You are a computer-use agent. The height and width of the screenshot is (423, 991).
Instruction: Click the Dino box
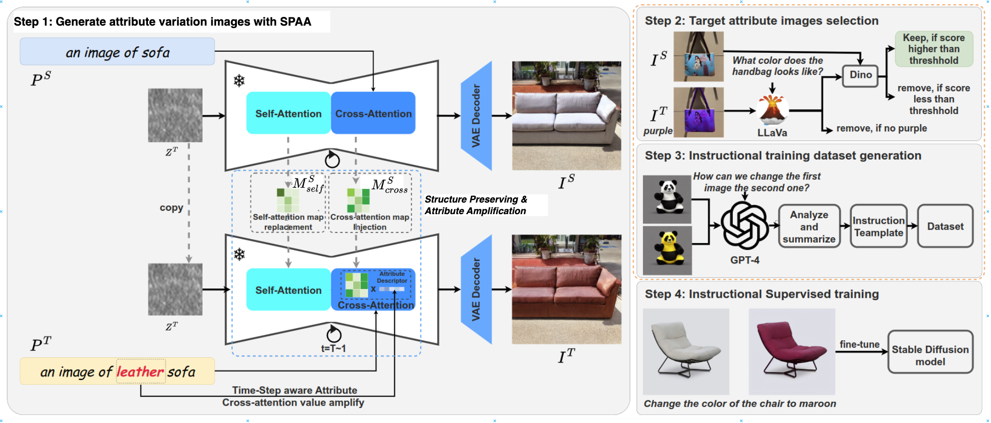(860, 76)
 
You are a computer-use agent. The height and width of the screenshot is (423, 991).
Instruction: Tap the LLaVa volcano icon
(772, 109)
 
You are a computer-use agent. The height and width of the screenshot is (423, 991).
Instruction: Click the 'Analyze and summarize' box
(809, 226)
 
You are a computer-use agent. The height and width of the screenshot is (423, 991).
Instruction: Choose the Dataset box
(945, 226)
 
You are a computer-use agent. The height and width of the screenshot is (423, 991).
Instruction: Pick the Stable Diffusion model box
(930, 351)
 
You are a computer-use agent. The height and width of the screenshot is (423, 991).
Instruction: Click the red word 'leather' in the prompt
(140, 371)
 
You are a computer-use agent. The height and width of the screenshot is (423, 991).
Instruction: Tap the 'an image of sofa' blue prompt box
(117, 52)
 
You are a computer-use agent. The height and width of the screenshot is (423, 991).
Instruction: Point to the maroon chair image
(791, 351)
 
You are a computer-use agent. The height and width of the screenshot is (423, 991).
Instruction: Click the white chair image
(686, 351)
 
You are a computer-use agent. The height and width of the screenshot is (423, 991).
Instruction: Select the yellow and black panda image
(667, 250)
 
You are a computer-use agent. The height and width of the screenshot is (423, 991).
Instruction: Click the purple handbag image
(699, 113)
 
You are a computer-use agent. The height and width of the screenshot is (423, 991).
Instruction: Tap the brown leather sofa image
(567, 289)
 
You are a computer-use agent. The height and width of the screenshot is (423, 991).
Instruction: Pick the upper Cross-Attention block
(373, 113)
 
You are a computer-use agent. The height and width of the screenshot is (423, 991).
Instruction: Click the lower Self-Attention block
(289, 290)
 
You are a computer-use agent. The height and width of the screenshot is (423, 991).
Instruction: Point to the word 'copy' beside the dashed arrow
(171, 207)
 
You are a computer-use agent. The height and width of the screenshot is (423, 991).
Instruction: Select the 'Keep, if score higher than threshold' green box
(934, 49)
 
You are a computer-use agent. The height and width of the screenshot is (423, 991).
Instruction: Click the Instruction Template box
(878, 226)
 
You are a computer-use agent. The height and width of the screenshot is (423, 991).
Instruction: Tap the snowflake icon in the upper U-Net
(239, 80)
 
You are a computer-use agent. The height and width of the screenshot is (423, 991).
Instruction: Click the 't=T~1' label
(334, 348)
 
